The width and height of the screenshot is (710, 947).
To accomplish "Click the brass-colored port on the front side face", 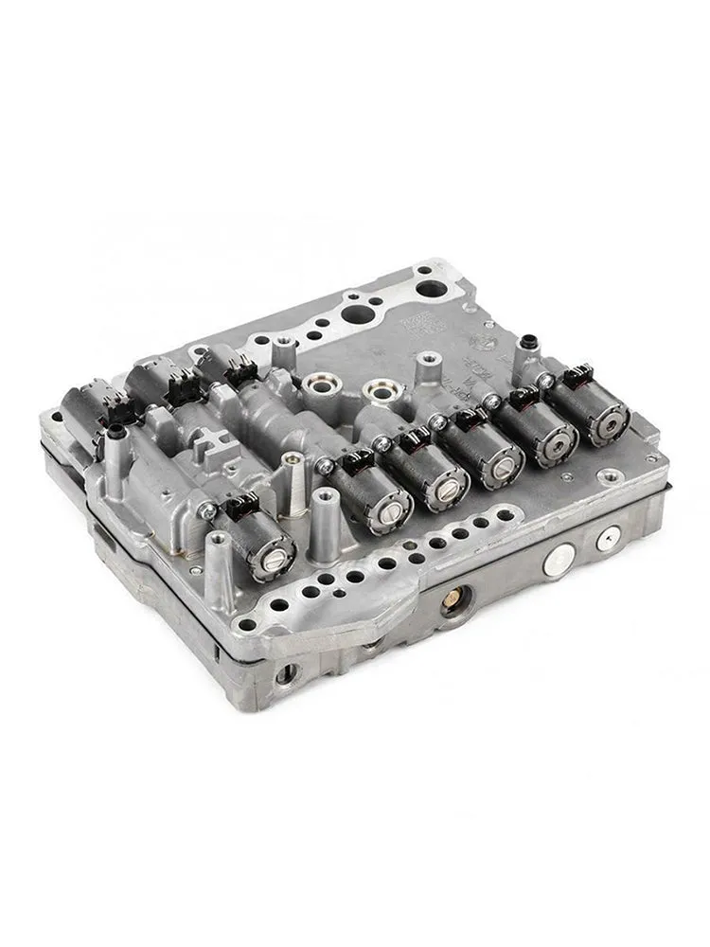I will click(x=458, y=598).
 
